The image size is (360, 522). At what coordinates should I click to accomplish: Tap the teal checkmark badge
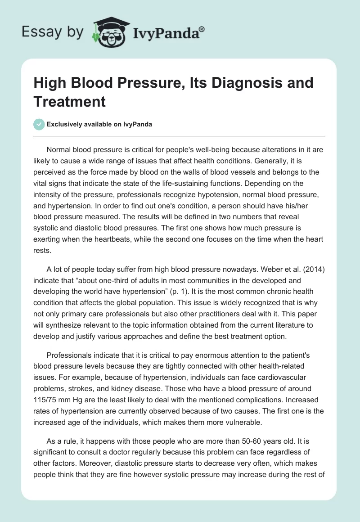click(40, 124)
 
